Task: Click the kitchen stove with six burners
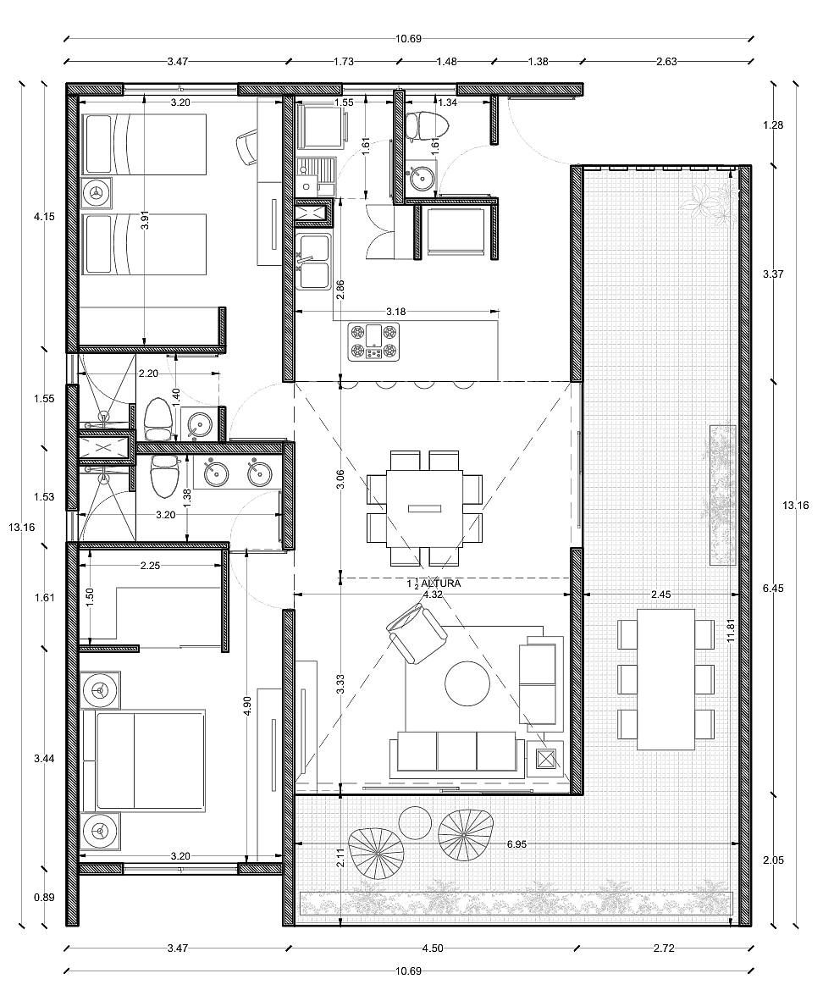373,341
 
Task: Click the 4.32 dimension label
433,595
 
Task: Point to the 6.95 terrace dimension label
516,843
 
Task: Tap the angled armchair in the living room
417,633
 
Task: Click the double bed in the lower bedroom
143,760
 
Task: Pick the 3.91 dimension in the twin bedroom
145,218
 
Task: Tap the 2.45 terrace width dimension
660,595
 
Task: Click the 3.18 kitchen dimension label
395,312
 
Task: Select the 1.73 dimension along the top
343,61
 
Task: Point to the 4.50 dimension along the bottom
433,948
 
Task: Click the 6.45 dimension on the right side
773,588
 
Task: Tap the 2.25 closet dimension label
150,566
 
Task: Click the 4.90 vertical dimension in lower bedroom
246,706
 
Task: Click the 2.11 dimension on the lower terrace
340,857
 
